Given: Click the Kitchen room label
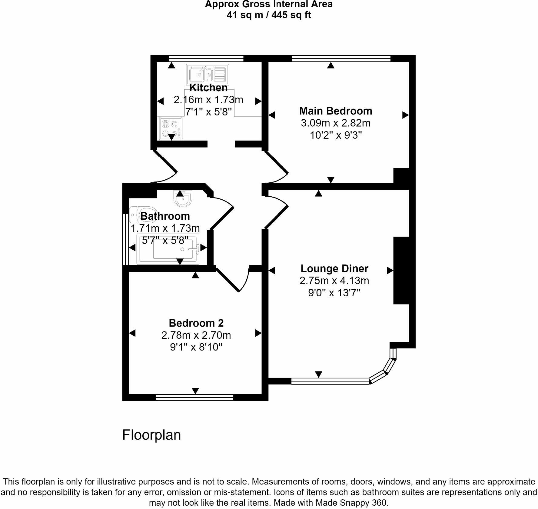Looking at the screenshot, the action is click(x=208, y=88).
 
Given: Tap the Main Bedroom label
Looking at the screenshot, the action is click(x=336, y=111).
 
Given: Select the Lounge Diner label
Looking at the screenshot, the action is click(x=334, y=268).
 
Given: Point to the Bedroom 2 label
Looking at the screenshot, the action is click(x=196, y=323).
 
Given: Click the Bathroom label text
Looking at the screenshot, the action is click(x=165, y=216).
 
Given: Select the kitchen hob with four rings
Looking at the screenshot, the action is click(x=170, y=128).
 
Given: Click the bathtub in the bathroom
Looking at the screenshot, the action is click(x=168, y=249).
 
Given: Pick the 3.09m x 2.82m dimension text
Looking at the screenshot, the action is click(x=336, y=123).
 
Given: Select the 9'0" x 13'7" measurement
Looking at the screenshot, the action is click(x=334, y=293).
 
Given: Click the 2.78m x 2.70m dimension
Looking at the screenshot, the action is click(x=196, y=335).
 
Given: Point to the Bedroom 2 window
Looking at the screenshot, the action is click(x=194, y=397).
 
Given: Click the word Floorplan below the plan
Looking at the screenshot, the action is click(x=151, y=435).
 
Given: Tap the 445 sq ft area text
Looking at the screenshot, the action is click(x=291, y=15).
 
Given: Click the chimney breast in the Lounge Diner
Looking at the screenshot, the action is click(x=401, y=270).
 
